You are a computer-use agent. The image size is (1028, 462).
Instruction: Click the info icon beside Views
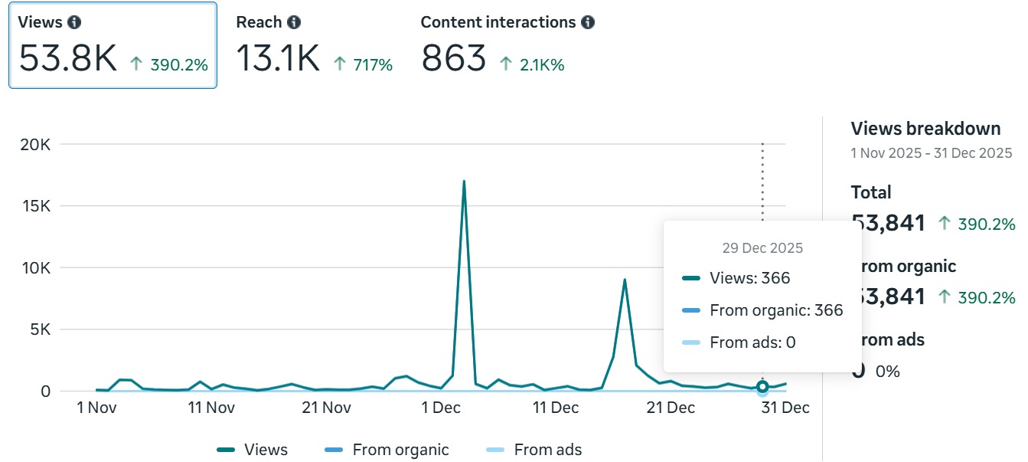tap(74, 22)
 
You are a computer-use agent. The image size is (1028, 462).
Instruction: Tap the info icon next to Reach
tap(294, 22)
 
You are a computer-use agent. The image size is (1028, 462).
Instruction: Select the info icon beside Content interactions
tap(587, 22)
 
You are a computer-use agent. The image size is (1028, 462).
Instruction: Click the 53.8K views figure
tap(67, 59)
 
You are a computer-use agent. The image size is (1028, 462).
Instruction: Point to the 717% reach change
tap(372, 65)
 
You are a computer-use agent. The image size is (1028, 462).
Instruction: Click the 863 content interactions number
tap(453, 59)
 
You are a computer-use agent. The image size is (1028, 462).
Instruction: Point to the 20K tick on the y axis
tap(34, 144)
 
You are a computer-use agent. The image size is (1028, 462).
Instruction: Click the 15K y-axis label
tap(34, 206)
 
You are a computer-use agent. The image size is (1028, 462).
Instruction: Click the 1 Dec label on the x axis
tap(441, 408)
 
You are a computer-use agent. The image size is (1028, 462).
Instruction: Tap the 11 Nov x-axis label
tap(211, 408)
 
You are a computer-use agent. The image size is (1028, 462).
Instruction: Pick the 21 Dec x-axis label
tap(671, 408)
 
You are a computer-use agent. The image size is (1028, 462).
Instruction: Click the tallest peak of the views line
tap(464, 182)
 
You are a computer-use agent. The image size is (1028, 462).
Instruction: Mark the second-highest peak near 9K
tap(625, 280)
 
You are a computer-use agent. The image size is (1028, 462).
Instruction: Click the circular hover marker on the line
tap(762, 387)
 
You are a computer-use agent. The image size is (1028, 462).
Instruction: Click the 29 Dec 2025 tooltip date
tap(762, 248)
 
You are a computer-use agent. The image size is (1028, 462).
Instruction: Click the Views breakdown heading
tap(925, 129)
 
